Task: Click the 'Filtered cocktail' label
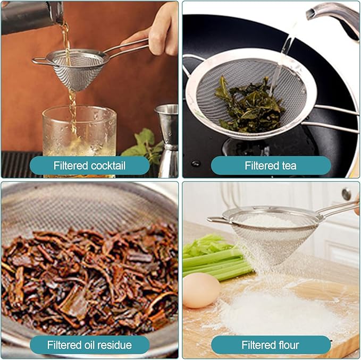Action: pyautogui.click(x=89, y=166)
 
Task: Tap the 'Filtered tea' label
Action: pyautogui.click(x=270, y=166)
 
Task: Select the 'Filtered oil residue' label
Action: pyautogui.click(x=89, y=345)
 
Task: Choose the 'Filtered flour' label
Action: pyautogui.click(x=270, y=345)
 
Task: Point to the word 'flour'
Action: pyautogui.click(x=287, y=345)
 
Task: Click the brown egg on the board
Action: pyautogui.click(x=201, y=290)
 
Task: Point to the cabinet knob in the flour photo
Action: pyautogui.click(x=347, y=194)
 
